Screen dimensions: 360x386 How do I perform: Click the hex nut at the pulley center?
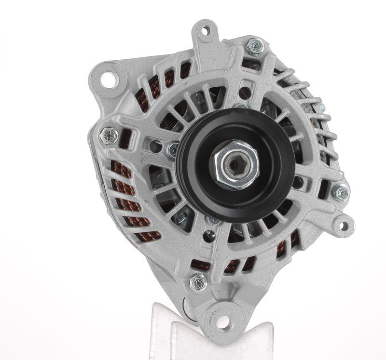coord(234,164)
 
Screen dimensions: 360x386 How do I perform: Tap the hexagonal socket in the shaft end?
coord(234,164)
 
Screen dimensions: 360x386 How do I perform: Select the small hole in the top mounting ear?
coord(206,31)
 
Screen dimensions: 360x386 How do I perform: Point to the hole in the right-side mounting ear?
coord(343,225)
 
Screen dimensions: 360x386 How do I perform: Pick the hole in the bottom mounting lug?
coord(222,322)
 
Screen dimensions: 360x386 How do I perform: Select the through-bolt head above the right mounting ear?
coord(341,193)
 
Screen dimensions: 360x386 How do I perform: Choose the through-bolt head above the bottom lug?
coord(197,282)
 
